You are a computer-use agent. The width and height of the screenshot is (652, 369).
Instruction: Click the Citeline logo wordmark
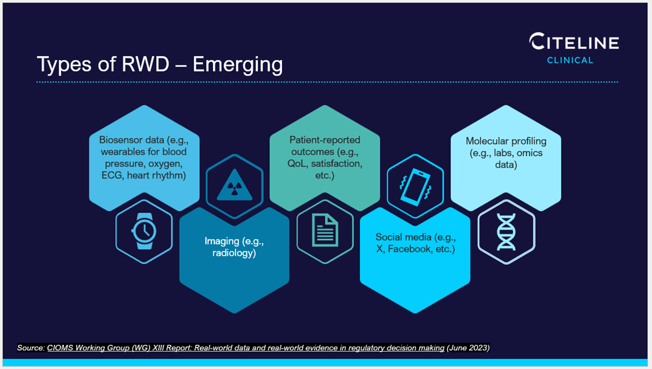[x=574, y=42]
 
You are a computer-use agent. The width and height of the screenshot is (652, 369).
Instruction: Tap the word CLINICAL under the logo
[x=570, y=60]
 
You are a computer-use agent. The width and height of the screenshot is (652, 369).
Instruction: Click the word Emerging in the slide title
[x=237, y=64]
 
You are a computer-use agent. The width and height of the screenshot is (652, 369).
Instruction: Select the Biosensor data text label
[x=143, y=157]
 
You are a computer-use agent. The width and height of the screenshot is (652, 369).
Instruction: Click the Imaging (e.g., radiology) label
[x=234, y=247]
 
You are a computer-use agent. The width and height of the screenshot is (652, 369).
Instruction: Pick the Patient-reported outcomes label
[x=325, y=157]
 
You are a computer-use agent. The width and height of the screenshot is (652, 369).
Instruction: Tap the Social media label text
[x=415, y=243]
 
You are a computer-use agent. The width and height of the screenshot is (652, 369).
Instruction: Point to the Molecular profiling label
[x=506, y=152]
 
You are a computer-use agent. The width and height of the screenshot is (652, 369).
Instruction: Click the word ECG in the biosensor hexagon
[x=113, y=175]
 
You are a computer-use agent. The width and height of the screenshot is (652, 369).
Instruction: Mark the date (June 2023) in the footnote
[x=468, y=348]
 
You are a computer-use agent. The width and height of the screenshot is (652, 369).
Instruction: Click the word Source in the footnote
[x=30, y=348]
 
